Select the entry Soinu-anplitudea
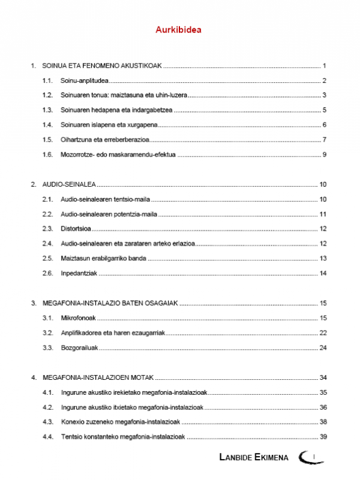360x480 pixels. click(x=83, y=80)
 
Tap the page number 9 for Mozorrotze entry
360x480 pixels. click(x=323, y=155)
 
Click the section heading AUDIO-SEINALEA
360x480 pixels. click(x=69, y=184)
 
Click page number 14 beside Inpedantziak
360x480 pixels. click(x=322, y=273)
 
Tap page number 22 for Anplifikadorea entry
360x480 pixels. click(x=322, y=332)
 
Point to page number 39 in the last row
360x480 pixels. click(x=322, y=436)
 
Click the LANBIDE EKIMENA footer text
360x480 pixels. click(x=253, y=458)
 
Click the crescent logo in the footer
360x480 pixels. click(x=312, y=457)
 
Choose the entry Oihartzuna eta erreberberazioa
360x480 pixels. click(x=104, y=140)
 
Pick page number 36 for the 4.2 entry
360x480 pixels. click(x=322, y=407)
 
